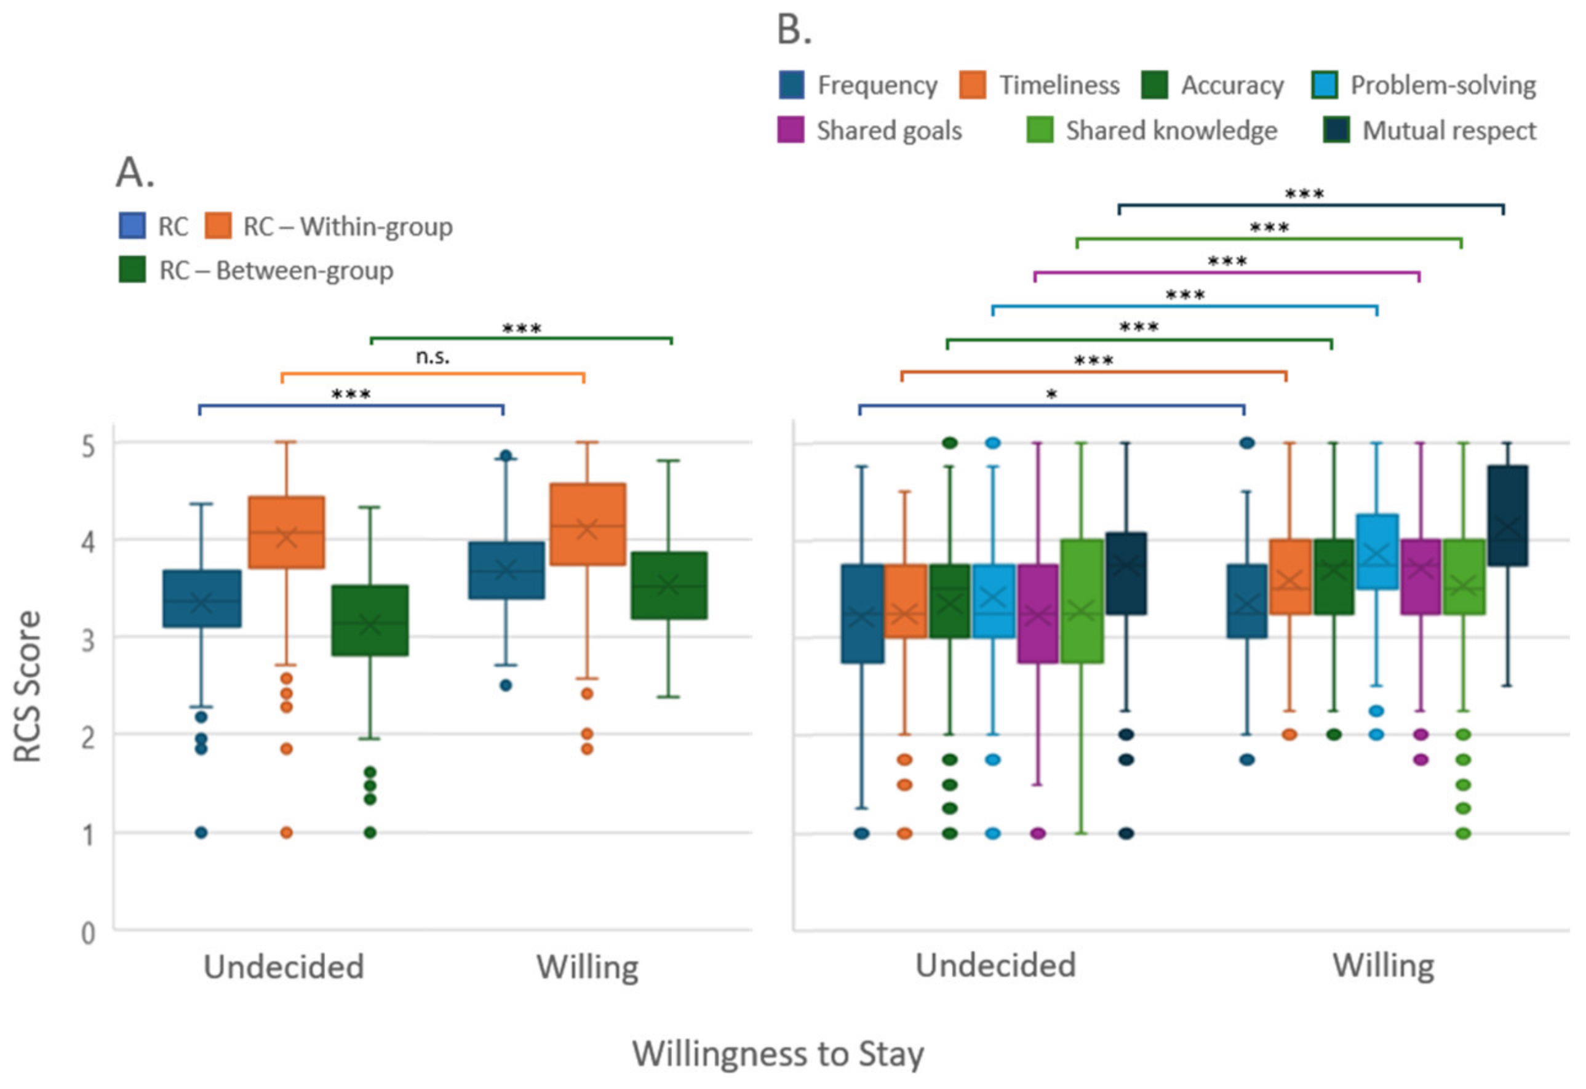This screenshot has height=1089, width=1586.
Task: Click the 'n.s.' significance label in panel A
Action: pyautogui.click(x=432, y=356)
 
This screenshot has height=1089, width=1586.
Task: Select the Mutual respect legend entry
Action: pyautogui.click(x=1430, y=130)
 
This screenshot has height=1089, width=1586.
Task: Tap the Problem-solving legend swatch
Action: pyautogui.click(x=1325, y=86)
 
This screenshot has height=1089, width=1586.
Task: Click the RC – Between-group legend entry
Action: pyautogui.click(x=256, y=270)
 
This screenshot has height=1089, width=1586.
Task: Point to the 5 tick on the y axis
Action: pyautogui.click(x=88, y=447)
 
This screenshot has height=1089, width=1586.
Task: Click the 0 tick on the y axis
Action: pyautogui.click(x=88, y=933)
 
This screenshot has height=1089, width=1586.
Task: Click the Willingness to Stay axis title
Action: pyautogui.click(x=778, y=1053)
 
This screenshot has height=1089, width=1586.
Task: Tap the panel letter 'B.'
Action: pyautogui.click(x=794, y=31)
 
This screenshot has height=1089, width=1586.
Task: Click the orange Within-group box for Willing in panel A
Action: pyautogui.click(x=588, y=524)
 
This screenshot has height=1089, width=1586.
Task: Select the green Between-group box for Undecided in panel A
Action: pyautogui.click(x=370, y=620)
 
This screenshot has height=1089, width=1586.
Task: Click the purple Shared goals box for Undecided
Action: pyautogui.click(x=1037, y=613)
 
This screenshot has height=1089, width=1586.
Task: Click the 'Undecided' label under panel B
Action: pyautogui.click(x=995, y=965)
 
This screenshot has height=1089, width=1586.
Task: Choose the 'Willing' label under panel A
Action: pyautogui.click(x=588, y=967)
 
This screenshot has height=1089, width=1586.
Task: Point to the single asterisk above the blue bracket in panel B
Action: pyautogui.click(x=1051, y=394)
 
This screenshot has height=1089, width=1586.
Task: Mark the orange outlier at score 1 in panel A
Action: pyautogui.click(x=287, y=832)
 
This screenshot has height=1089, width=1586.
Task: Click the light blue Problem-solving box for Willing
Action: pyautogui.click(x=1377, y=551)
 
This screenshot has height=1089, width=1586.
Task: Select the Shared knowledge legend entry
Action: pyautogui.click(x=1153, y=130)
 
